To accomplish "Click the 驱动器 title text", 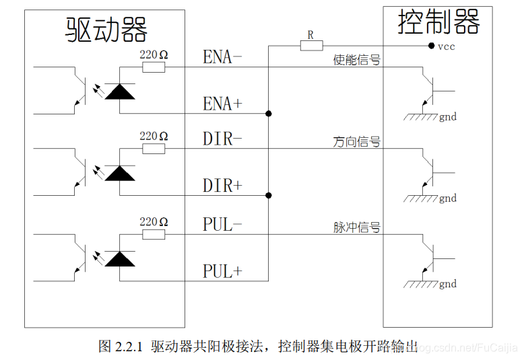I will pyautogui.click(x=106, y=29).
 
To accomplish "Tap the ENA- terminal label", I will pyautogui.click(x=222, y=57).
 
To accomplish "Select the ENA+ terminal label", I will pyautogui.click(x=222, y=104).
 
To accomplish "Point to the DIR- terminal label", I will pyautogui.click(x=222, y=139).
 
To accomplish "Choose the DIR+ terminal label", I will pyautogui.click(x=222, y=186).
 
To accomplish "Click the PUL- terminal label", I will pyautogui.click(x=222, y=225).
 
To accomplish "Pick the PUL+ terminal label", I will pyautogui.click(x=222, y=271).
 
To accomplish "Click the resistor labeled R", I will pyautogui.click(x=310, y=46).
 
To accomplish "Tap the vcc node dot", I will pyautogui.click(x=431, y=46).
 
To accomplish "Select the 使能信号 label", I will pyautogui.click(x=357, y=60).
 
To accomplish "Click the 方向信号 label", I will pyautogui.click(x=357, y=142).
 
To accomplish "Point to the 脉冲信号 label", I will pyautogui.click(x=357, y=227).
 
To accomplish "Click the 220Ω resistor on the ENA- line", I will pyautogui.click(x=154, y=67).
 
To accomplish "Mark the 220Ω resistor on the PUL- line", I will pyautogui.click(x=154, y=234).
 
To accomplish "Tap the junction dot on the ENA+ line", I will pyautogui.click(x=269, y=113).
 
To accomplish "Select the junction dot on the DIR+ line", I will pyautogui.click(x=269, y=196).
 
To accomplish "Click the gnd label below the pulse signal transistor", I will pyautogui.click(x=448, y=284).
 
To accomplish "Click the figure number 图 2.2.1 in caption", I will pyautogui.click(x=121, y=347).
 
